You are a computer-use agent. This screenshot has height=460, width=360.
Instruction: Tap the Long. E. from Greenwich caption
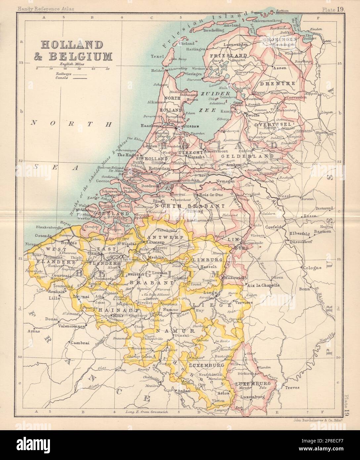tap(141, 412)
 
